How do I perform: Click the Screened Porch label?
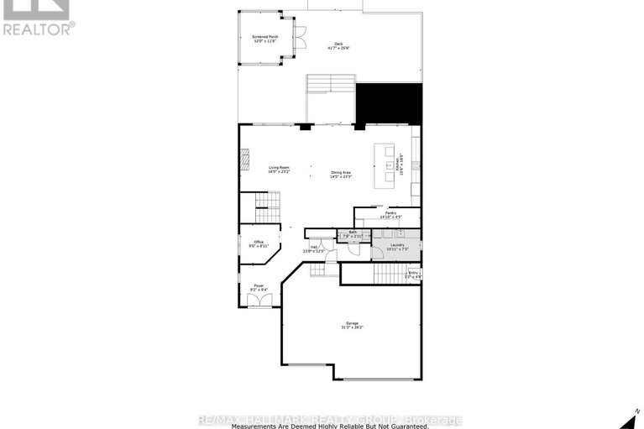pyautogui.click(x=266, y=39)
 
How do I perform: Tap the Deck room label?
pyautogui.click(x=338, y=45)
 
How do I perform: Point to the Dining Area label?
pyautogui.click(x=340, y=175)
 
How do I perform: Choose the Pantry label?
pyautogui.click(x=390, y=215)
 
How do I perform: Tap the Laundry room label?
pyautogui.click(x=397, y=247)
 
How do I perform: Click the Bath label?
pyautogui.click(x=352, y=236)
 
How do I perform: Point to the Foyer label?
pyautogui.click(x=259, y=287)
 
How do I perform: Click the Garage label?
pyautogui.click(x=352, y=326)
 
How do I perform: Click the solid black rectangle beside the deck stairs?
pyautogui.click(x=389, y=103)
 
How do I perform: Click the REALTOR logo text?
pyautogui.click(x=38, y=28)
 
